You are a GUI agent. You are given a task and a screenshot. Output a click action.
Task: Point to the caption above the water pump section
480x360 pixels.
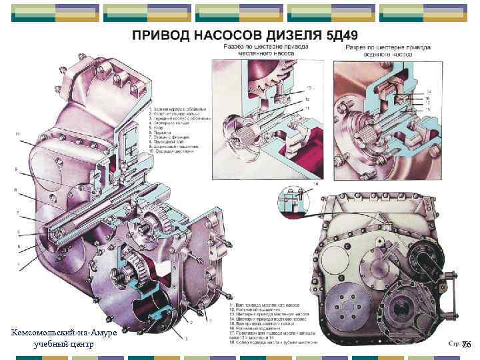(x=388, y=51)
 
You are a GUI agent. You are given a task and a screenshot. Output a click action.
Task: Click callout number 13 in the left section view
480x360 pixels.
(x=309, y=87)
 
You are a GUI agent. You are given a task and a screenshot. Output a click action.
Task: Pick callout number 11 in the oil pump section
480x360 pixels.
(x=307, y=108)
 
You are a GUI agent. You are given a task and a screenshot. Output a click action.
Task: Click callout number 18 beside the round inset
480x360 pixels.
(x=315, y=183)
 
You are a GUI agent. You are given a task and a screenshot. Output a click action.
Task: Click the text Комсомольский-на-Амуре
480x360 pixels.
(x=64, y=332)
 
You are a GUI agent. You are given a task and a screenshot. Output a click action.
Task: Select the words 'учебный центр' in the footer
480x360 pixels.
(x=64, y=343)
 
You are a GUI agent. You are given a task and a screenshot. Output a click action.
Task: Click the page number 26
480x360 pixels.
(x=466, y=345)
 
